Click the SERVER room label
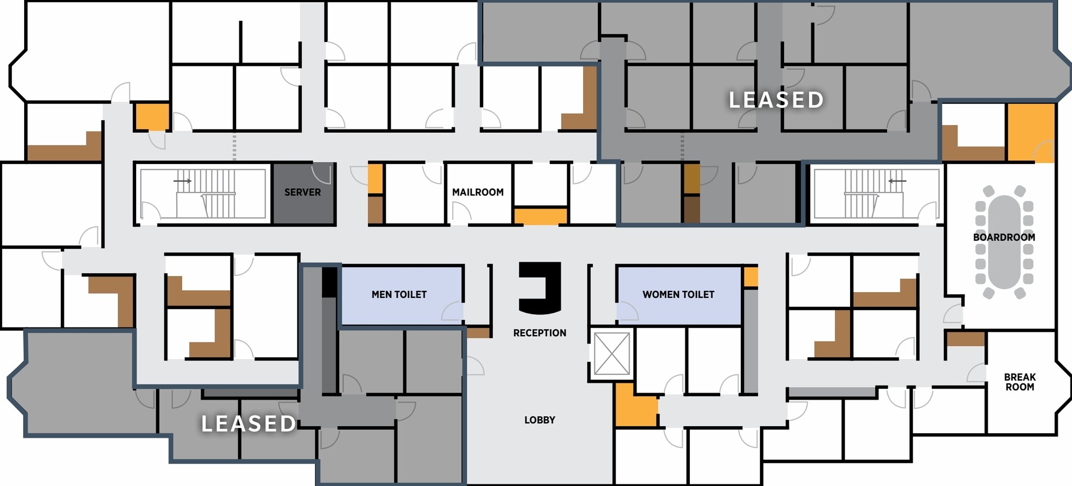[303, 192]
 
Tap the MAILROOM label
[477, 192]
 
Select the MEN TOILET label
[399, 294]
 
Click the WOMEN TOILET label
[678, 294]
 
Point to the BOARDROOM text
[1004, 237]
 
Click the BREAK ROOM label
[1020, 382]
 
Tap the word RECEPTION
[540, 333]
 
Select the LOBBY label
[540, 420]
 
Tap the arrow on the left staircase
[183, 181]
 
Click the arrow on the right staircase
[897, 181]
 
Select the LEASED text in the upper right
[776, 100]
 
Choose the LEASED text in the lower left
[249, 424]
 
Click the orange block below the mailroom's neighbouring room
[541, 216]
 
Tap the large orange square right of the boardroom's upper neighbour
[1030, 132]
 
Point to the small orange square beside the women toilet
[751, 277]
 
